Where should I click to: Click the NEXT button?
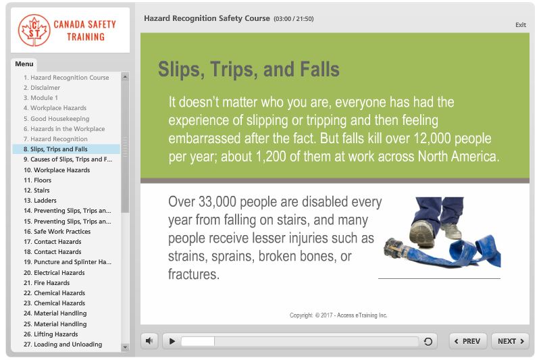click(510, 341)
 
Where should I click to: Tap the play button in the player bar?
click(172, 341)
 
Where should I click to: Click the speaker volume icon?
click(149, 341)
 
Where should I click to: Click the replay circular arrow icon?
click(428, 341)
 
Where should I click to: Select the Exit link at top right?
click(520, 25)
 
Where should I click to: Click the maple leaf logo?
click(34, 30)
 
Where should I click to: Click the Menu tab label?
click(24, 64)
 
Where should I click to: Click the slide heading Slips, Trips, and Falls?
click(249, 69)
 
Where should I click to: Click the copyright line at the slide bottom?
click(338, 315)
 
